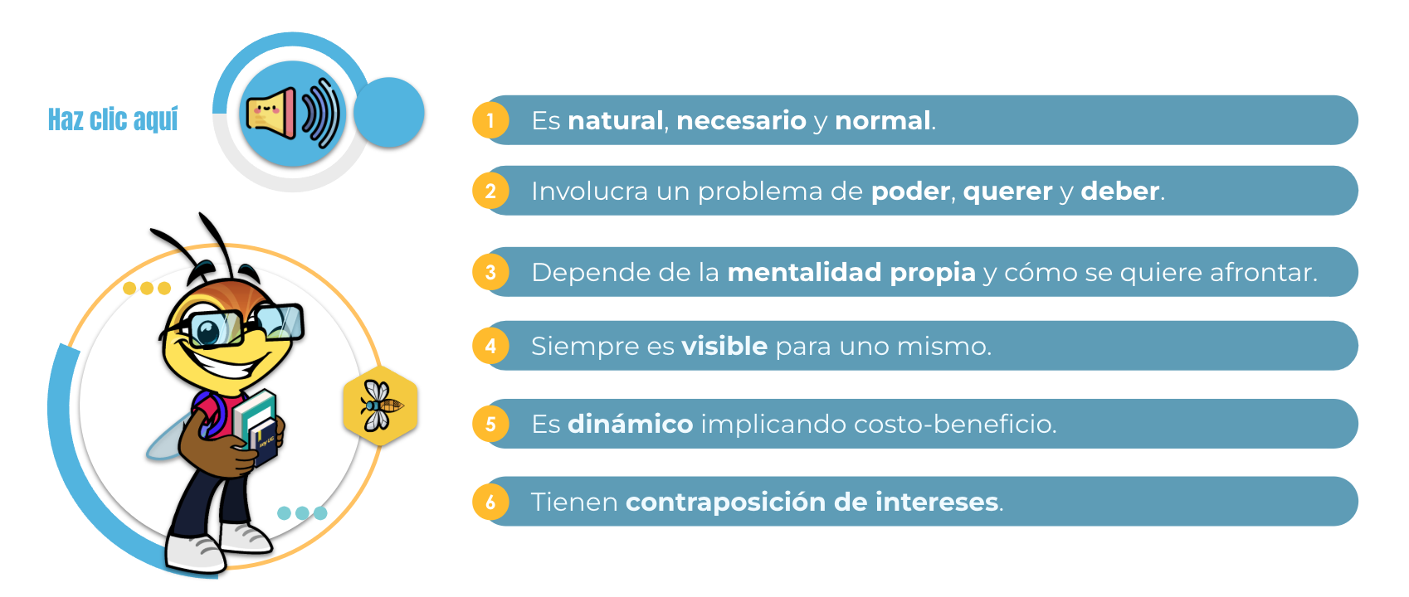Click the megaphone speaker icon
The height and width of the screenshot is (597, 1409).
(293, 114)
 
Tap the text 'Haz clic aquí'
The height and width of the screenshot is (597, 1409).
(113, 119)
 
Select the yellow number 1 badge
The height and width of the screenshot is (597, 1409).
(490, 120)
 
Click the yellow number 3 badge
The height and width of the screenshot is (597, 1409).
(490, 272)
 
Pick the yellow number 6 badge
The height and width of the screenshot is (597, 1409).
(490, 502)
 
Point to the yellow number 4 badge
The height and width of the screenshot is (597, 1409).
(490, 346)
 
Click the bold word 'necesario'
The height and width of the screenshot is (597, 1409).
(741, 121)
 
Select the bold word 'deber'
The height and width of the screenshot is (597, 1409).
(1119, 191)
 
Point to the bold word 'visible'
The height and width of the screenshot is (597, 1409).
(724, 347)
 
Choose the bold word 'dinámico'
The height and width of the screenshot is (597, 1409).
(631, 425)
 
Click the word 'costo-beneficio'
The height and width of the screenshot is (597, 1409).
(955, 425)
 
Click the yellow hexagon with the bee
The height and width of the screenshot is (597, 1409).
(381, 405)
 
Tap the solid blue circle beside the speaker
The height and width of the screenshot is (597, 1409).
(389, 113)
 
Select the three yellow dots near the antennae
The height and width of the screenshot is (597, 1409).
(147, 288)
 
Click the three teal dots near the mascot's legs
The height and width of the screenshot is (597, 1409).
(303, 512)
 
